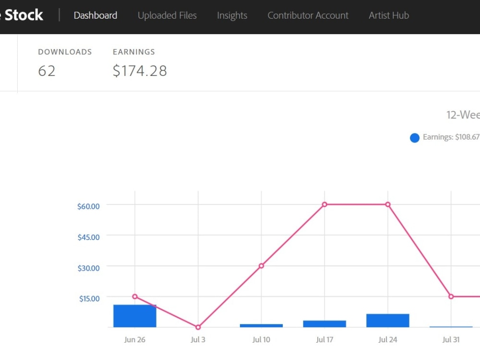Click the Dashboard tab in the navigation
(x=96, y=15)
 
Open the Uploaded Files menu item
(x=167, y=15)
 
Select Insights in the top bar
(x=232, y=15)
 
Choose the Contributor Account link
(x=308, y=15)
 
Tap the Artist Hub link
(x=389, y=15)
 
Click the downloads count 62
(x=47, y=71)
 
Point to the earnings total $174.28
(x=140, y=71)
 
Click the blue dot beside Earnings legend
(x=415, y=138)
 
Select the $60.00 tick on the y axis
(x=88, y=206)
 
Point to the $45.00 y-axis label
(x=88, y=237)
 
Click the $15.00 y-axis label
(x=89, y=298)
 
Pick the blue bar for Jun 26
(x=135, y=316)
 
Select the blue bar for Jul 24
(x=388, y=321)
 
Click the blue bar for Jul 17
(x=324, y=324)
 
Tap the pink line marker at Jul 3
(x=198, y=327)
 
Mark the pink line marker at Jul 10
(x=261, y=266)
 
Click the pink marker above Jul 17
(x=324, y=204)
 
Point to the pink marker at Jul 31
(x=451, y=297)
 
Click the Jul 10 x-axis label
(x=261, y=340)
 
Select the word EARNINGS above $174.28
(x=134, y=52)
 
